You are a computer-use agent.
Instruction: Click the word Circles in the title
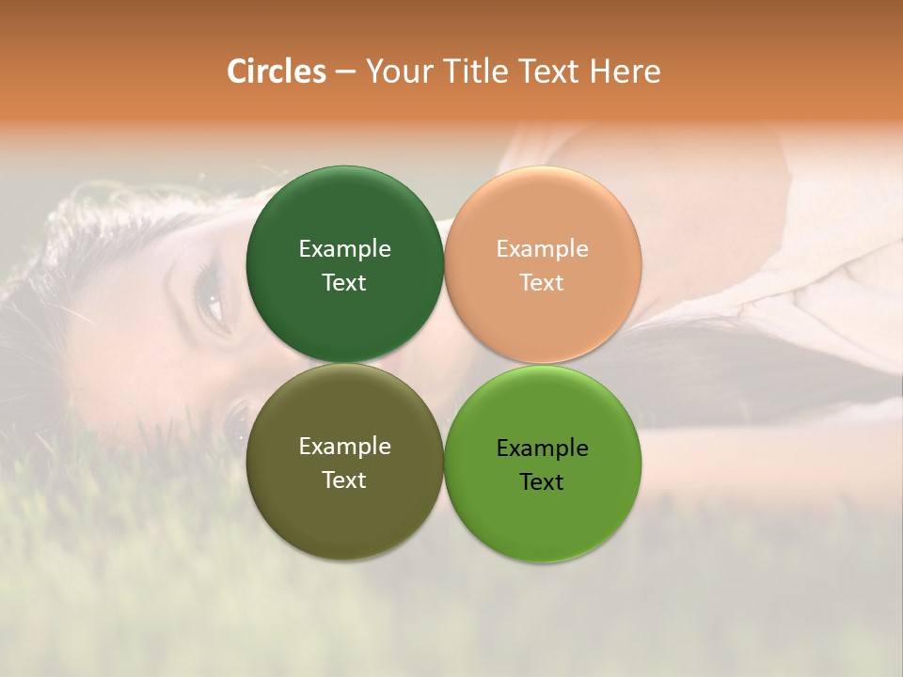tap(276, 71)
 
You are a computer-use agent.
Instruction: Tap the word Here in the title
tap(625, 71)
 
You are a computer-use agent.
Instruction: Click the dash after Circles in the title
tap(345, 72)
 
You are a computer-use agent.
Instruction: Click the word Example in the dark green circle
tap(344, 249)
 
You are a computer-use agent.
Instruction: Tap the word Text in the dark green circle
tap(344, 283)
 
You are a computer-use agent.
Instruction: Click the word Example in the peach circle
tap(543, 249)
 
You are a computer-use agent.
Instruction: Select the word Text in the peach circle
tap(543, 283)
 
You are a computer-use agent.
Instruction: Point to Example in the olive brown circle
tap(344, 447)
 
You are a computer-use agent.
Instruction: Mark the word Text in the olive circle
tap(344, 480)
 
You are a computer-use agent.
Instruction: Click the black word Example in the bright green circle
tap(543, 449)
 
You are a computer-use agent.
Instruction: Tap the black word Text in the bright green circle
tap(543, 482)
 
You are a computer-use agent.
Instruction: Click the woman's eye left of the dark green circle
tap(213, 303)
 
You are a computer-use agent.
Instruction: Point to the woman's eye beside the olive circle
tap(235, 418)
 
